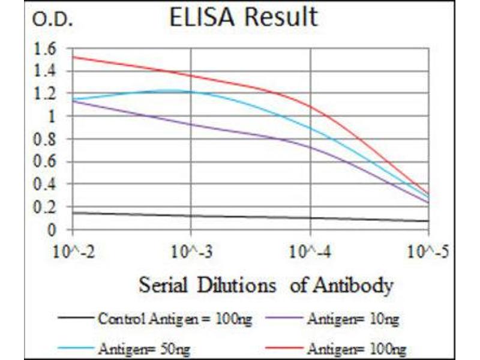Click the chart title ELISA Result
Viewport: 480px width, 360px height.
243,17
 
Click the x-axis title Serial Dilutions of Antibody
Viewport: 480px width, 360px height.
266,285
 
